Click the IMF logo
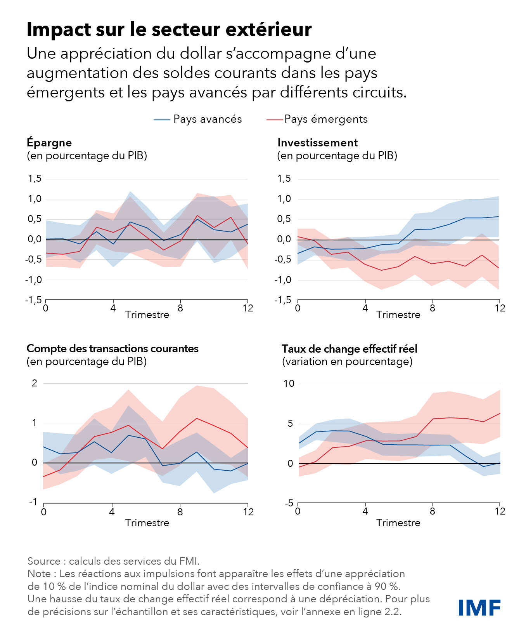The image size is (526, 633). tap(479, 607)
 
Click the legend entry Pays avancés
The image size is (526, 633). tap(207, 119)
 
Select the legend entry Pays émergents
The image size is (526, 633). tap(326, 119)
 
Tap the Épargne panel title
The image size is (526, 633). tap(49, 143)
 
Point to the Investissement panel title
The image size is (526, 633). tap(317, 143)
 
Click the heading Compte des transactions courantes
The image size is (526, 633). tap(112, 349)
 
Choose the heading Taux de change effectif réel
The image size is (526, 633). tap(349, 349)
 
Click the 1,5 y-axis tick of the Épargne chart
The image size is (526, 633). tap(35, 179)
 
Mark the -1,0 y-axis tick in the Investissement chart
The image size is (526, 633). tap(283, 280)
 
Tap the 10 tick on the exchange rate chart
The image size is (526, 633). tap(289, 384)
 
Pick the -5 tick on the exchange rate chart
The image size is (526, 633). tap(289, 503)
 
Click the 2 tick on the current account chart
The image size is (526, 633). tap(35, 383)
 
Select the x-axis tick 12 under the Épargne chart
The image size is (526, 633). tap(248, 308)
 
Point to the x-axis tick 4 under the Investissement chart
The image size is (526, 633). tap(365, 308)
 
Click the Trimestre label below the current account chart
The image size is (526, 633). tap(147, 523)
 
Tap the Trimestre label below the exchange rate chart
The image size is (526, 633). tap(398, 523)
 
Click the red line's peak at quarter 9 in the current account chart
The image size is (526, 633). tap(197, 418)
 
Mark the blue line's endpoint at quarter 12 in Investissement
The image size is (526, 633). tap(499, 217)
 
